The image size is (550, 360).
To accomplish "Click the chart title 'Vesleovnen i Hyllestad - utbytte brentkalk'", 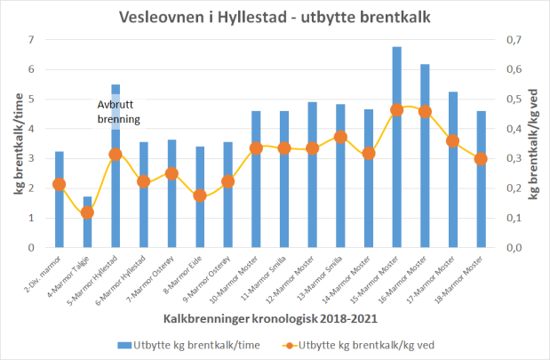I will point(274,17).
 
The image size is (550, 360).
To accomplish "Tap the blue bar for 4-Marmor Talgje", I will point(87,221).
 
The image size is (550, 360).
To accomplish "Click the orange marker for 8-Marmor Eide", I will point(200,196).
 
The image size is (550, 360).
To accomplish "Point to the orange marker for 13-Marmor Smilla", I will point(340,137).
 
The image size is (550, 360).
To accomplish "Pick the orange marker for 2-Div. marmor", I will point(59,184).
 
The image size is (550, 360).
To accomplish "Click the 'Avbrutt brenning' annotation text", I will point(118,111).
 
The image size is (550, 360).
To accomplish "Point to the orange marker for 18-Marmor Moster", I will point(481,159).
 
